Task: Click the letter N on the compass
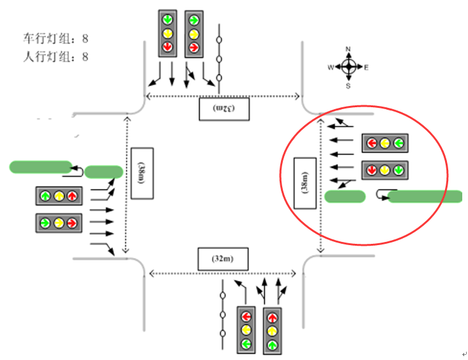click(x=349, y=49)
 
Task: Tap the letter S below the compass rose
click(x=348, y=85)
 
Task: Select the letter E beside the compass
click(x=366, y=67)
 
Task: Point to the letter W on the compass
click(x=330, y=67)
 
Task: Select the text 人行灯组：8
click(x=56, y=57)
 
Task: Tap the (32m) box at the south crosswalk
click(x=222, y=259)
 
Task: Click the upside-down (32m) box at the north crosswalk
click(x=223, y=109)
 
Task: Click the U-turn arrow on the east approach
click(x=381, y=195)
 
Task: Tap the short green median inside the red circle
click(x=345, y=197)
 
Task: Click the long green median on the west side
click(x=40, y=167)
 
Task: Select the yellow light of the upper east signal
click(x=384, y=143)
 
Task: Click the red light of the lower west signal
click(x=72, y=223)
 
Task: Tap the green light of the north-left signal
click(x=167, y=20)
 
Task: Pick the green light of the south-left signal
click(x=246, y=345)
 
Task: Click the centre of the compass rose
click(x=349, y=67)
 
